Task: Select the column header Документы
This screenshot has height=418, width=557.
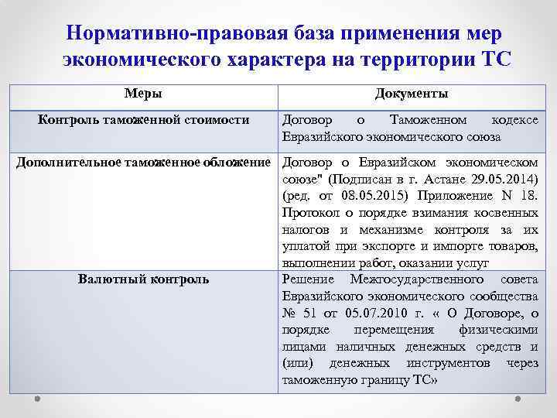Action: click(x=411, y=94)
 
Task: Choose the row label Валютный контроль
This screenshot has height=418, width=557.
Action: click(x=143, y=278)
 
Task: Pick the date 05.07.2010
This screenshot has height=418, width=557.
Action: click(x=367, y=313)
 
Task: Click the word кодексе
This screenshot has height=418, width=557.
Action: click(x=514, y=120)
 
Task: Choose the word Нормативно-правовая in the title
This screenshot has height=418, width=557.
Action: click(x=167, y=34)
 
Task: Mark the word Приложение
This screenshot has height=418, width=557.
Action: click(x=458, y=195)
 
